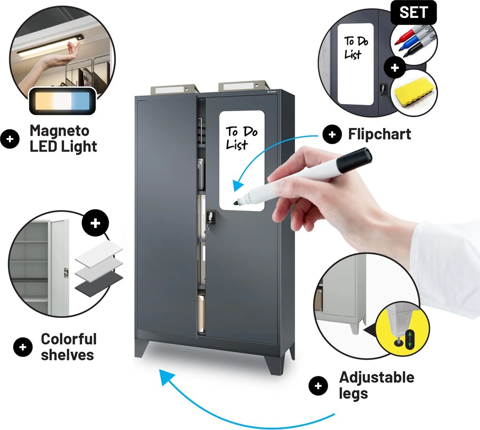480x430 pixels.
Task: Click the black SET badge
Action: (x=413, y=13)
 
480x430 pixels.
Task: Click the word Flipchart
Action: (x=379, y=134)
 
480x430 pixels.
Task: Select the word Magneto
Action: (x=59, y=131)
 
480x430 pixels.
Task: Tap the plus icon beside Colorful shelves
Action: (x=23, y=347)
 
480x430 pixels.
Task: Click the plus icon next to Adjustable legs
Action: (x=318, y=386)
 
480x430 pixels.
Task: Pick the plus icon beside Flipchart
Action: (x=332, y=134)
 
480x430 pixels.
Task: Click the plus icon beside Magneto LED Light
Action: (x=10, y=139)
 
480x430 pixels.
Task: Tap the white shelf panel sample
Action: (x=99, y=252)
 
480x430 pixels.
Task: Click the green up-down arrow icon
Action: (x=409, y=339)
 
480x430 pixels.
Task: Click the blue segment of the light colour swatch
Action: (x=80, y=99)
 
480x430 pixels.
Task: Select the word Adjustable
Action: (x=376, y=378)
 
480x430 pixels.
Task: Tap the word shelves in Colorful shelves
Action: (x=67, y=355)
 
